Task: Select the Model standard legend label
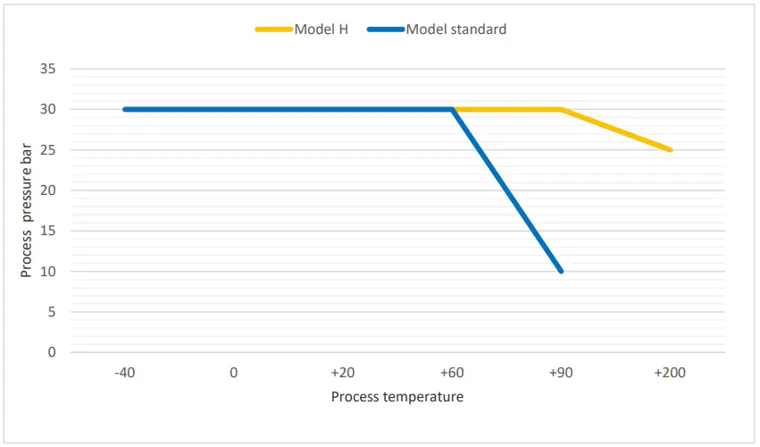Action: (x=455, y=30)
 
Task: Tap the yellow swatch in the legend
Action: (x=273, y=30)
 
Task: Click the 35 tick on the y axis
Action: (x=48, y=69)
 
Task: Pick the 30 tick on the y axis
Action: (x=48, y=109)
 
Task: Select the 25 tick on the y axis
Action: (x=48, y=150)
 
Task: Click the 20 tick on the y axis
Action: (x=48, y=190)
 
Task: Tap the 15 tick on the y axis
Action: (x=48, y=231)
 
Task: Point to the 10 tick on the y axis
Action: (x=48, y=271)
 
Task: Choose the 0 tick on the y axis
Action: (x=52, y=352)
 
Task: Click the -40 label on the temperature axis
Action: (x=125, y=373)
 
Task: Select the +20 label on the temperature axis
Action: (x=342, y=373)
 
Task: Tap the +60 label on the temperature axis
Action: (x=452, y=373)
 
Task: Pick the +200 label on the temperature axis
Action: (x=670, y=373)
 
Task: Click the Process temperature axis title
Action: (x=397, y=396)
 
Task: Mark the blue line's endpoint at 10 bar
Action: (x=561, y=271)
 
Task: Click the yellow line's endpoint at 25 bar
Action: (x=670, y=150)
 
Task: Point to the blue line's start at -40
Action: (x=125, y=109)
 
